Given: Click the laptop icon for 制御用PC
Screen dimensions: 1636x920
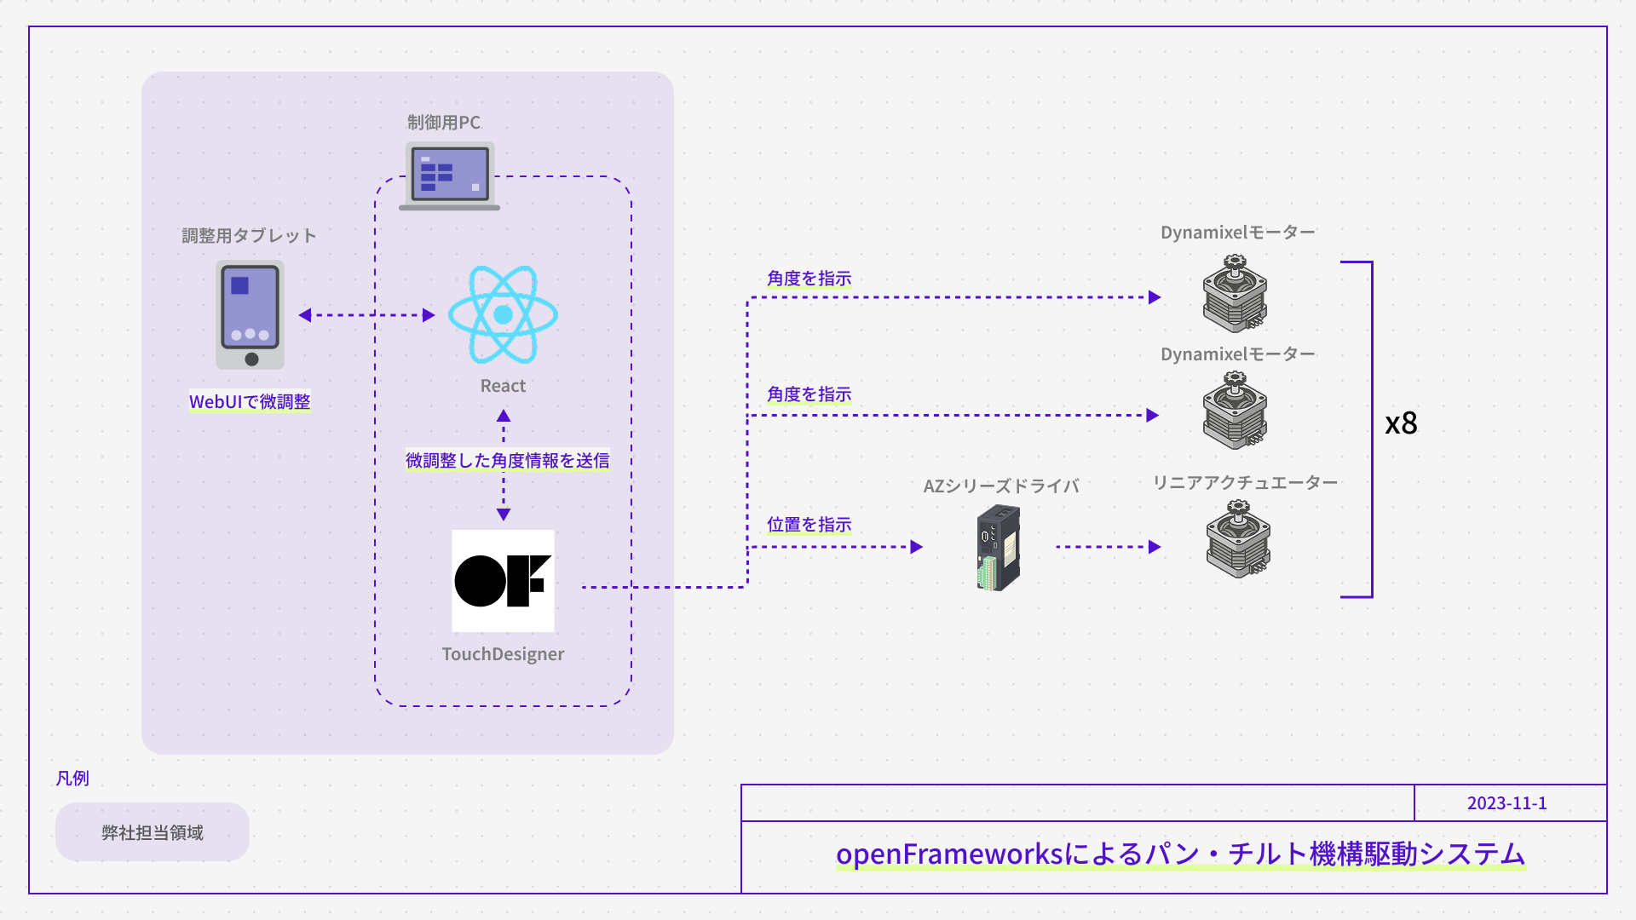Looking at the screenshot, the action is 449,175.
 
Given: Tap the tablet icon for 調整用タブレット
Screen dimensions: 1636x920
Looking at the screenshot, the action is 250,314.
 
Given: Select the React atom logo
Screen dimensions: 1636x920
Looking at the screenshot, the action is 503,314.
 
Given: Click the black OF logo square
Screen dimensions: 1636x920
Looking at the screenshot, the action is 503,581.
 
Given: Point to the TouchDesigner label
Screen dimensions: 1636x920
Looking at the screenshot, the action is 503,654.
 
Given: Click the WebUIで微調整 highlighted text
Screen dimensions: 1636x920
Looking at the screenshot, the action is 250,401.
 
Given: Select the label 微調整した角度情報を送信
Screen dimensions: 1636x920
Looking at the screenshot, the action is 507,461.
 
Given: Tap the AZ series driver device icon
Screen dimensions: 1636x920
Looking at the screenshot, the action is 999,548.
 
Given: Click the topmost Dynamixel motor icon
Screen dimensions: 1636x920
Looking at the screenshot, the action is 1235,294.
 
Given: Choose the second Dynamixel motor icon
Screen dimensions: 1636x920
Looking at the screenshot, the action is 1235,411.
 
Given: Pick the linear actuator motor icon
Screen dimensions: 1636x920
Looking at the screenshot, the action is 1238,539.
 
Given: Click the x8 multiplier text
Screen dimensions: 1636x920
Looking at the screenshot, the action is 1401,423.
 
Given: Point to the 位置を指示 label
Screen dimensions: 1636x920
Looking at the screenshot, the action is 809,525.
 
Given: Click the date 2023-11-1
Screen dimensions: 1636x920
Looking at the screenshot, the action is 1506,803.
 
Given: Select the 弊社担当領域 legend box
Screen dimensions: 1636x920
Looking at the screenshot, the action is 153,832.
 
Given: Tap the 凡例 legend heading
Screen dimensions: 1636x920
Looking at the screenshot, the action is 72,779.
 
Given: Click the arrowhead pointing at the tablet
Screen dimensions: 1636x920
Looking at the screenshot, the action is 305,315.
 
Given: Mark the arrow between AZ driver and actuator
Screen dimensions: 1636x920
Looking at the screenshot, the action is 1108,547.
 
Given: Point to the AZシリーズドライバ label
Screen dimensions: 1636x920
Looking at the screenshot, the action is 1001,486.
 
